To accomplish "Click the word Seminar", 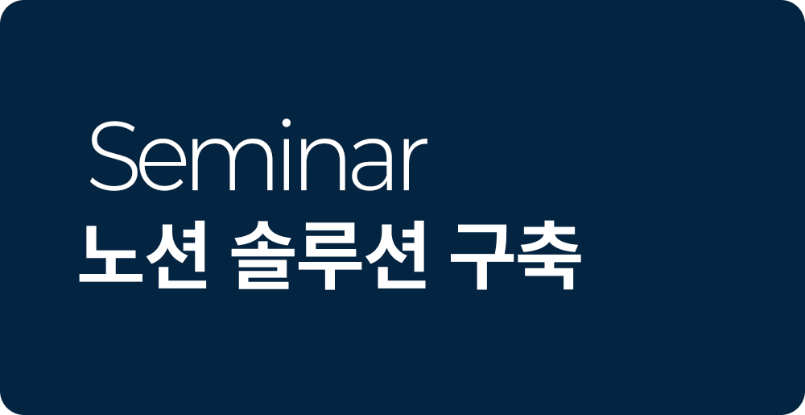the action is (258, 156).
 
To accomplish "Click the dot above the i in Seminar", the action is (287, 122).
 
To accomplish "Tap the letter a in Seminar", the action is (374, 165).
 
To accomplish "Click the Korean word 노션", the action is (142, 255).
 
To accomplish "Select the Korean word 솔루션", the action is (328, 255).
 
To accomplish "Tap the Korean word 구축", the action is (515, 255).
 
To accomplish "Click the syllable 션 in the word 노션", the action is (177, 255).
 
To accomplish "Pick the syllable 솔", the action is (262, 255).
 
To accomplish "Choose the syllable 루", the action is (330, 255).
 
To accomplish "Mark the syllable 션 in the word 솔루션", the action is (396, 255).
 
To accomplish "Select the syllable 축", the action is (549, 255).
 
